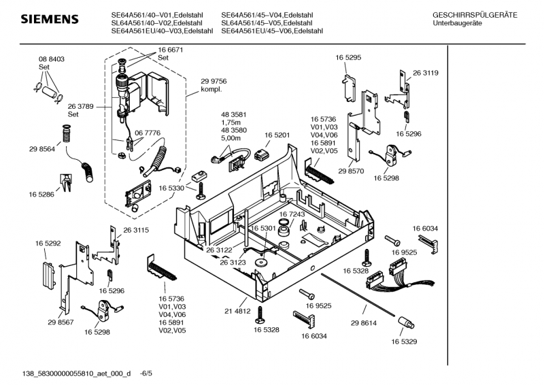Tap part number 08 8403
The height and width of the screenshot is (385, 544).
[x=51, y=60]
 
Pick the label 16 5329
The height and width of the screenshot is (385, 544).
[x=403, y=341]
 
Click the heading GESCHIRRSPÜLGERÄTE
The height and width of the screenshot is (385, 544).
[x=474, y=14]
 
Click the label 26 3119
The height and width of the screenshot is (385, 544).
[x=425, y=73]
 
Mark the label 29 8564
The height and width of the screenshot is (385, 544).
[x=41, y=148]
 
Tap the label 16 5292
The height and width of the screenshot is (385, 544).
[x=48, y=243]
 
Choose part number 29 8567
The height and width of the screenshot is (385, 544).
[x=61, y=321]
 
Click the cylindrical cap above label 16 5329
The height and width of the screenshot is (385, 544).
[x=406, y=322]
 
